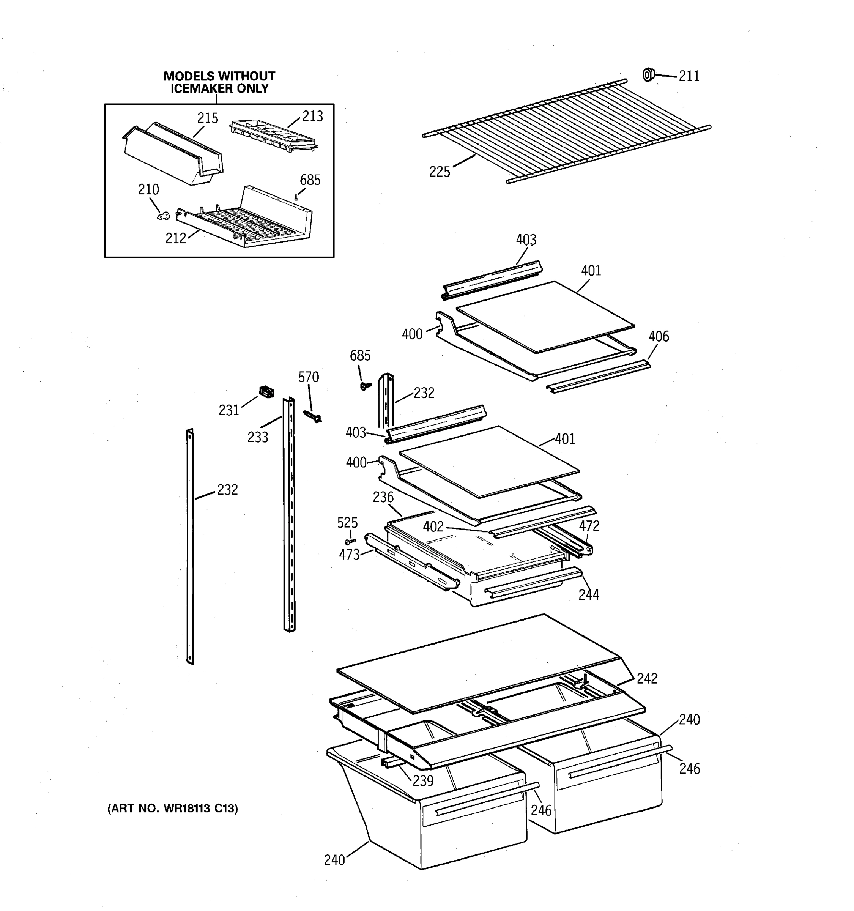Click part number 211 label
[689, 76]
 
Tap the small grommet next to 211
[648, 74]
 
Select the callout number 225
[440, 172]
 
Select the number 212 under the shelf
[175, 238]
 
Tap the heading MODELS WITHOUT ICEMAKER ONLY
[219, 82]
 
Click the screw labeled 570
[313, 416]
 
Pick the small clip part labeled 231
[266, 391]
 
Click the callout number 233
[257, 437]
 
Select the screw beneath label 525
[350, 541]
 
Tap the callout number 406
[659, 336]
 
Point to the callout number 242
[647, 678]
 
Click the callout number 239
[422, 781]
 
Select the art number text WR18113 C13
[173, 809]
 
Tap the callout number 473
[349, 555]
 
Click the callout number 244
[588, 595]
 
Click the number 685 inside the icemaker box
[310, 180]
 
